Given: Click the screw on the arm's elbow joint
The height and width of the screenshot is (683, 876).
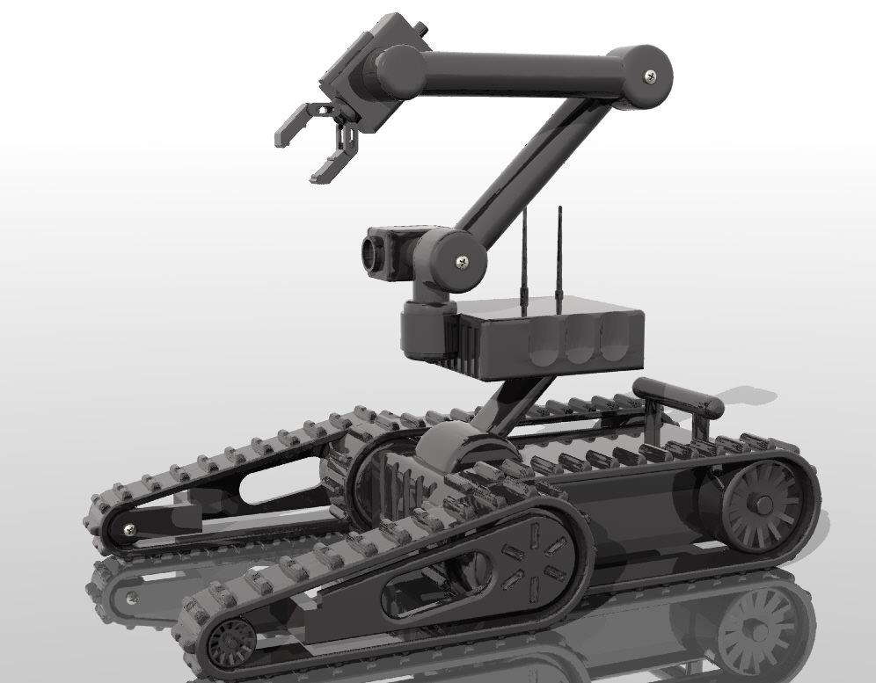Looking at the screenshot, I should (x=650, y=76).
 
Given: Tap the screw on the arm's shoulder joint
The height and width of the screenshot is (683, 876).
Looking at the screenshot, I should (x=462, y=260).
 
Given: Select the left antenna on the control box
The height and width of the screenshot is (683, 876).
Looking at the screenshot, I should (x=524, y=259).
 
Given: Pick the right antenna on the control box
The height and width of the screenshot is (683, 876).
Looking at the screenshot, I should (x=558, y=255).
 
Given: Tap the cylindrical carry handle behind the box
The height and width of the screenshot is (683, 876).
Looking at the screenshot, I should (x=677, y=396).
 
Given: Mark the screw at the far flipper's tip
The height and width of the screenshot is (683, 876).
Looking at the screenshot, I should (x=129, y=528).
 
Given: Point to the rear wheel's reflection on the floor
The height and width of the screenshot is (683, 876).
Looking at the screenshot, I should (x=756, y=629).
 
